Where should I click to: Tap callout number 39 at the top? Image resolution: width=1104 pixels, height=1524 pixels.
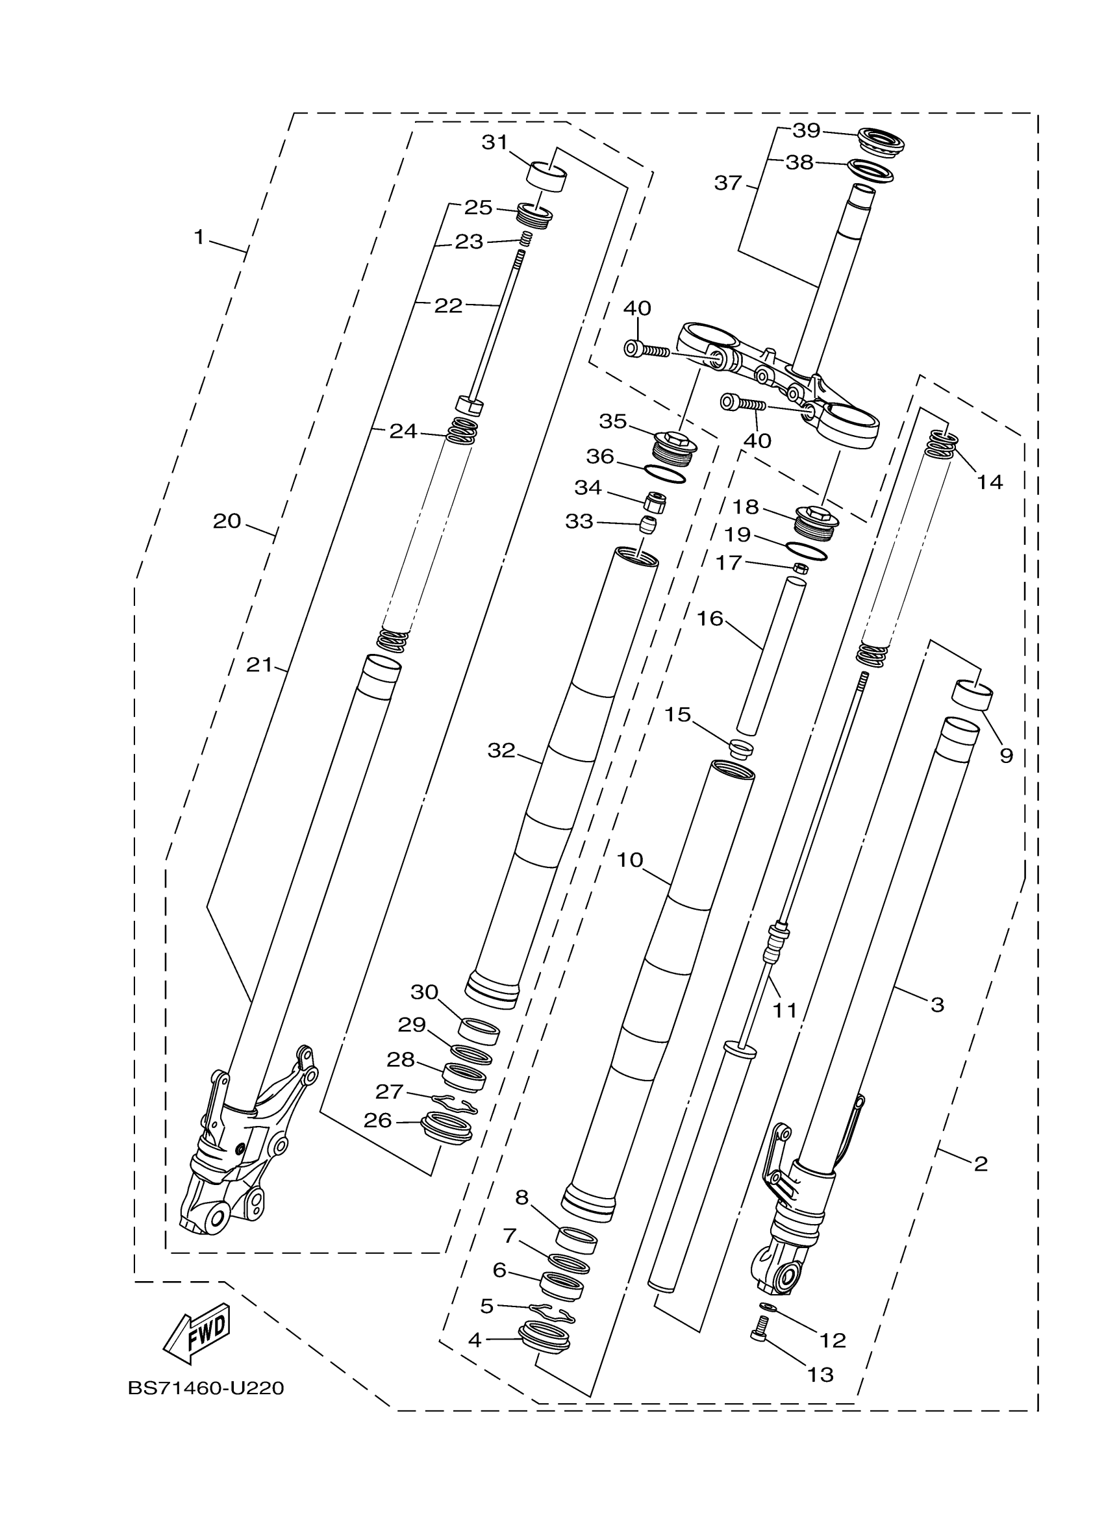[x=807, y=131]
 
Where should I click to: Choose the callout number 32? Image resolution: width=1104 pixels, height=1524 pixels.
[x=501, y=751]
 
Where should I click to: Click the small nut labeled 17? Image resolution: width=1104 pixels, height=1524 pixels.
[x=800, y=568]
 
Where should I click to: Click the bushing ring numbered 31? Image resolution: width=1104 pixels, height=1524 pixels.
[x=546, y=177]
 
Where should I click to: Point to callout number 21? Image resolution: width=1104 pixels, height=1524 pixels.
[x=259, y=665]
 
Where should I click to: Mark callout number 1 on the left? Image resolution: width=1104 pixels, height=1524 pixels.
[x=199, y=237]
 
